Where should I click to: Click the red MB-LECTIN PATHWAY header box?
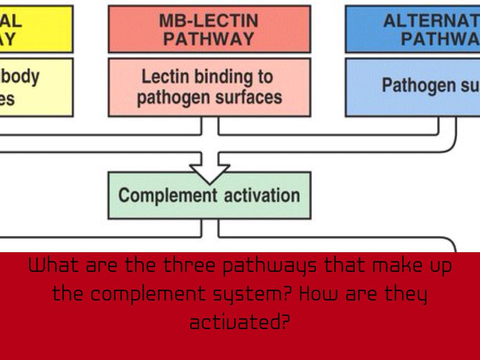point(209,29)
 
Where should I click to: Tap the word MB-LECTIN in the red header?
point(209,21)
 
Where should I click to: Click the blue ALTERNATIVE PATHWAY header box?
point(412,29)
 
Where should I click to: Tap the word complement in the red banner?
point(148,294)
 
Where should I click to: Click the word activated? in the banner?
point(240,322)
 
